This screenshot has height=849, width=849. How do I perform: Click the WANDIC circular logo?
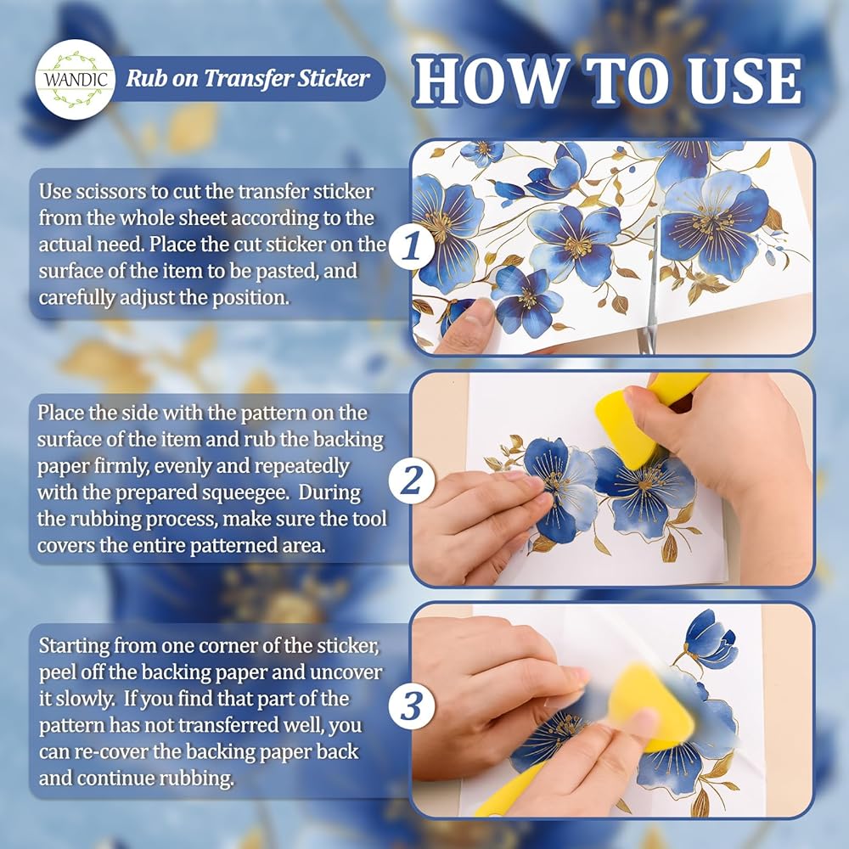pos(76,80)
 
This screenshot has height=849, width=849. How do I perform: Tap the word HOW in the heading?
pos(492,82)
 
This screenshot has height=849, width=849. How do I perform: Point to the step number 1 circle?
pos(412,246)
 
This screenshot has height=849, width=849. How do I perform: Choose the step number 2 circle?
pos(412,479)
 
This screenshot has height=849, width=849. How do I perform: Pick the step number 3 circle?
pos(412,706)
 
